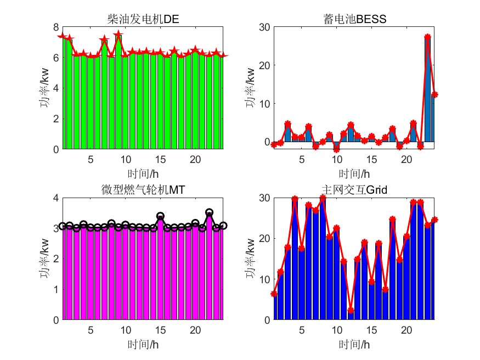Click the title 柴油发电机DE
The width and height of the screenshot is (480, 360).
pyautogui.click(x=143, y=20)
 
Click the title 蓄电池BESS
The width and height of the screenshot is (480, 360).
pyautogui.click(x=354, y=20)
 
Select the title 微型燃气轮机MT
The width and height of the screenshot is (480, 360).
pyautogui.click(x=143, y=190)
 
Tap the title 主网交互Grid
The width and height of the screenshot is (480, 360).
pyautogui.click(x=354, y=190)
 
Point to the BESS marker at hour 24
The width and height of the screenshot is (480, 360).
pyautogui.click(x=434, y=94)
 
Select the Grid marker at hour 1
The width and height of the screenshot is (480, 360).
pyautogui.click(x=274, y=294)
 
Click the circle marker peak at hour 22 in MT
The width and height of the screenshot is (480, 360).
pyautogui.click(x=209, y=212)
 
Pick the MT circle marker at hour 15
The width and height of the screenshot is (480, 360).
pyautogui.click(x=160, y=216)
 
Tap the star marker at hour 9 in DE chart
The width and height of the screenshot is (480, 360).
pyautogui.click(x=118, y=34)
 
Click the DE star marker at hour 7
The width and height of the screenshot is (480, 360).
pyautogui.click(x=104, y=40)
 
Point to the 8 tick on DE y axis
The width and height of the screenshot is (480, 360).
pyautogui.click(x=55, y=27)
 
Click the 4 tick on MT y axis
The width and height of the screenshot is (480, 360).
pyautogui.click(x=55, y=197)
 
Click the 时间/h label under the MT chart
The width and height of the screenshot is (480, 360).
pyautogui.click(x=143, y=344)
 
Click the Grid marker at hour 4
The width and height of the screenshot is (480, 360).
pyautogui.click(x=295, y=199)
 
